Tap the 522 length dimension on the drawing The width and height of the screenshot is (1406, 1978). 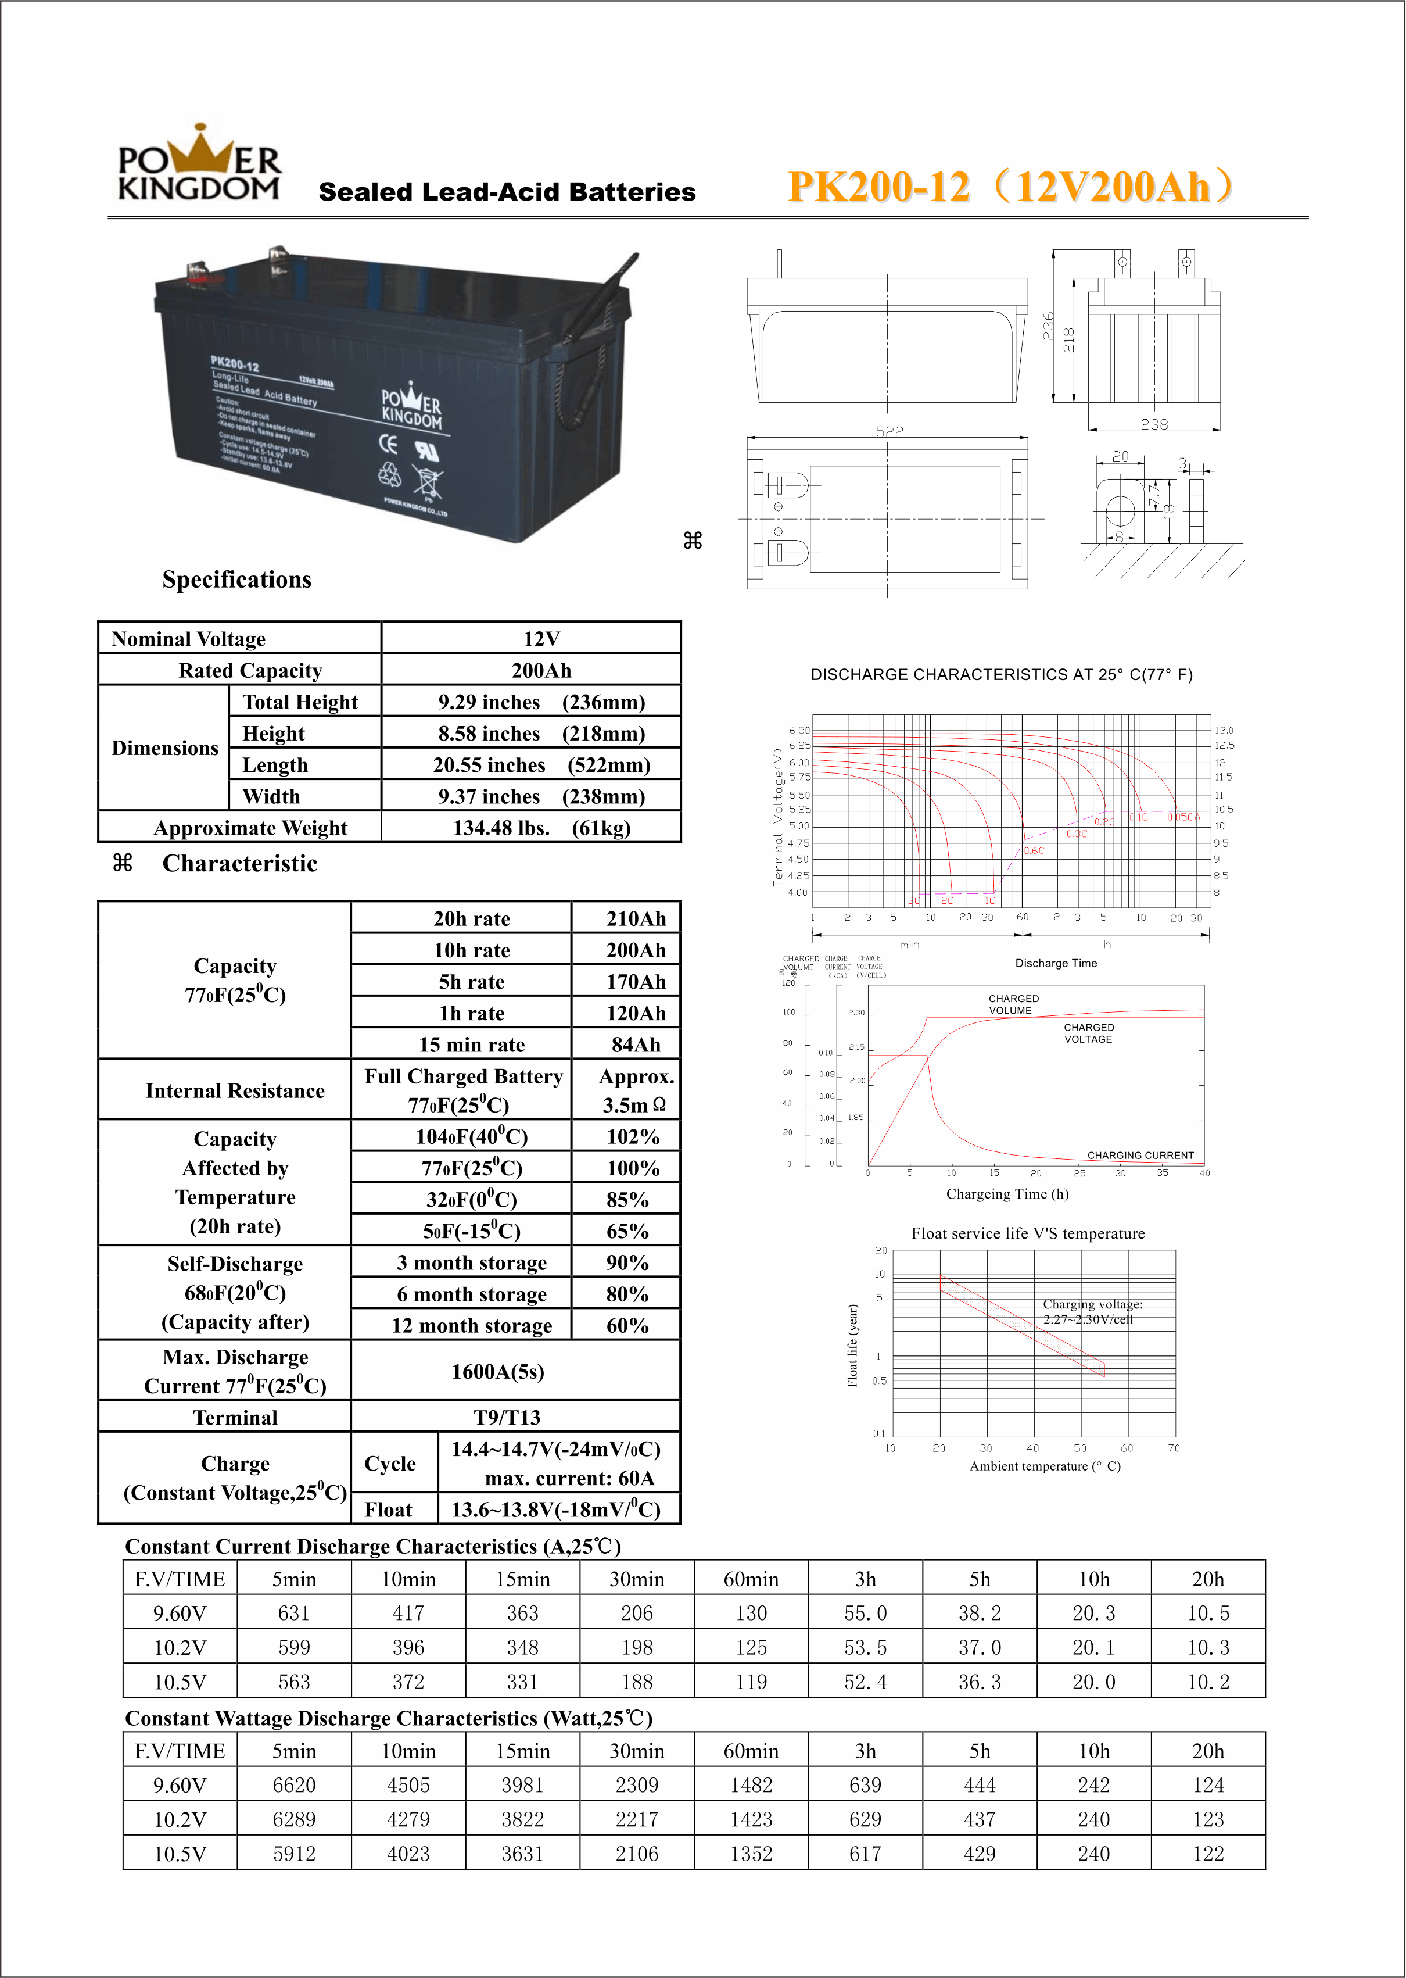pos(889,431)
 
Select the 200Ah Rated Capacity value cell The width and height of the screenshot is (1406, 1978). pos(540,670)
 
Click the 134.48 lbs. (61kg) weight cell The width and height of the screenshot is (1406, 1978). pos(540,828)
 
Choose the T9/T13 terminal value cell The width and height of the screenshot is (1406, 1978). pos(507,1418)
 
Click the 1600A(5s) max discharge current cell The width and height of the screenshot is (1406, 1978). pos(498,1372)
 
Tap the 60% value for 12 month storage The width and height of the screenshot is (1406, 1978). pos(627,1326)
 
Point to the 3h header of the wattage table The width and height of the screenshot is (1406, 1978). pos(865,1751)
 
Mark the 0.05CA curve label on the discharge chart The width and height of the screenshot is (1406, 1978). pos(1183,817)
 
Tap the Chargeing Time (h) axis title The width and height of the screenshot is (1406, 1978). pos(1007,1194)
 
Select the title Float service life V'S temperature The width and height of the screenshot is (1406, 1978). pos(1028,1233)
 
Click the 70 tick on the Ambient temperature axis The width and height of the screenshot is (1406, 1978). pos(1173,1448)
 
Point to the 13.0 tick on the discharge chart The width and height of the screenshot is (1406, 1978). pos(1224,730)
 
